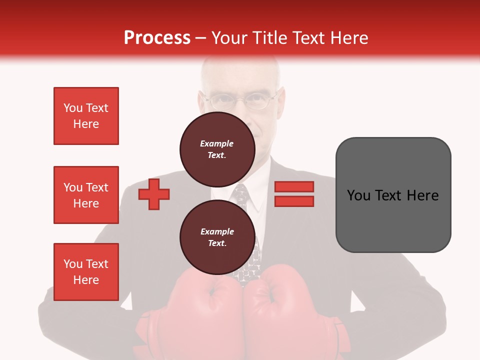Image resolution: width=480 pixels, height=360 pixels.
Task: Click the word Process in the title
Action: coord(157,37)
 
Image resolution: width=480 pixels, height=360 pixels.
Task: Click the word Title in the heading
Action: coord(270,37)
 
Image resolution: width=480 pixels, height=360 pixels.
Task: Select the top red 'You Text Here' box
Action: coord(86,116)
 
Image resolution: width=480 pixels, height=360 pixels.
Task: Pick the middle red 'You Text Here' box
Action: coord(86,195)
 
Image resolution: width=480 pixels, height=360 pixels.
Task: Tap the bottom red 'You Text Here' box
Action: coord(86,272)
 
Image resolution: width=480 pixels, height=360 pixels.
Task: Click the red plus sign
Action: coord(154,194)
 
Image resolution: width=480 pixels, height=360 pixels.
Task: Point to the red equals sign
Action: coord(294,194)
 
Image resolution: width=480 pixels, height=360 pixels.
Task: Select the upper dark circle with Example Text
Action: coord(217,149)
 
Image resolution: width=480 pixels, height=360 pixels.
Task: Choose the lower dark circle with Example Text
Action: coord(217,237)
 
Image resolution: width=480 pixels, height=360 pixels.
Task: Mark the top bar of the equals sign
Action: coord(294,187)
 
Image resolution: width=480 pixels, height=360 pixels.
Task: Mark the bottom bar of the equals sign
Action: coord(294,201)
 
